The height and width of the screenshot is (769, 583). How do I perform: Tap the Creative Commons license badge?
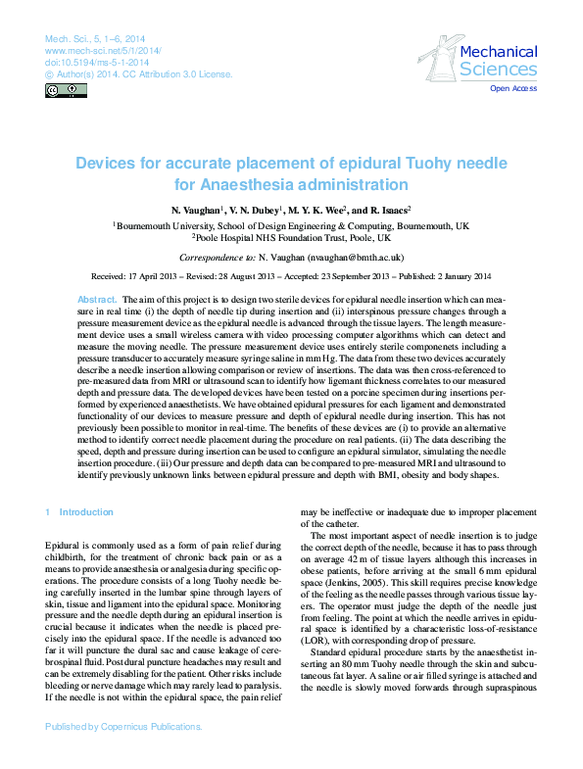click(66, 90)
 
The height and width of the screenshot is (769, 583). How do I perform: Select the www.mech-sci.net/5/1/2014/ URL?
click(104, 49)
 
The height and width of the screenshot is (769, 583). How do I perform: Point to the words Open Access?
click(513, 89)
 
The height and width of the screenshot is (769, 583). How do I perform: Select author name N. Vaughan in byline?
click(197, 211)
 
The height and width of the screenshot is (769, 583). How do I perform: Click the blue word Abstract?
click(97, 298)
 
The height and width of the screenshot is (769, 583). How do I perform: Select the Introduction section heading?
click(85, 512)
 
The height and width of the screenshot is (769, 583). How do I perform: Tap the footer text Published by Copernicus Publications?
click(123, 754)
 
